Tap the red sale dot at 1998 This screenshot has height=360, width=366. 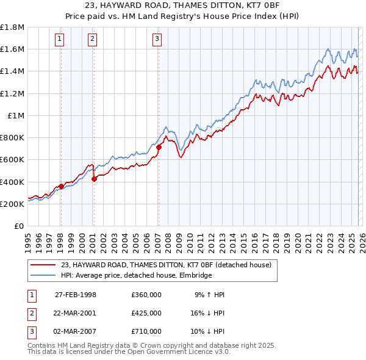pyautogui.click(x=62, y=186)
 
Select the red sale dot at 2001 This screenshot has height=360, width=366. pyautogui.click(x=95, y=179)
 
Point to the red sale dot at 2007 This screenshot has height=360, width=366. pyautogui.click(x=159, y=147)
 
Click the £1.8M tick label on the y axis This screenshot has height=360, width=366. pyautogui.click(x=12, y=27)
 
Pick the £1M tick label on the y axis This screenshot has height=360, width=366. pyautogui.click(x=16, y=115)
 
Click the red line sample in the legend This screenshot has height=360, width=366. pyautogui.click(x=44, y=264)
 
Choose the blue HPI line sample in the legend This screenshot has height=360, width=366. pyautogui.click(x=44, y=275)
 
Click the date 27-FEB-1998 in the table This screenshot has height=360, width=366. pyautogui.click(x=76, y=295)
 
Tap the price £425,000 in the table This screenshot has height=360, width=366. pyautogui.click(x=146, y=313)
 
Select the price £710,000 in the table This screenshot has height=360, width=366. pyautogui.click(x=146, y=331)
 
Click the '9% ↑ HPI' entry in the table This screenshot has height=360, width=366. pyautogui.click(x=209, y=295)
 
